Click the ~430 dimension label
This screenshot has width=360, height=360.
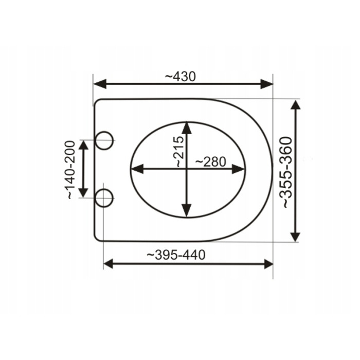[x=181, y=77]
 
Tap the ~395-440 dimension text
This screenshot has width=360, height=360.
[x=176, y=255]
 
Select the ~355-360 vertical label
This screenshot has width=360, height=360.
[x=286, y=173]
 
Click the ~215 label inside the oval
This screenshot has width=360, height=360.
[x=179, y=152]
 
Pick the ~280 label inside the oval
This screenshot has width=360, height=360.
[x=211, y=162]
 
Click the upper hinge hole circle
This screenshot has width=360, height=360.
[x=104, y=140]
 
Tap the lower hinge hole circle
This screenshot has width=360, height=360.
[x=104, y=198]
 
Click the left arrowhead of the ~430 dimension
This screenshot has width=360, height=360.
[x=100, y=84]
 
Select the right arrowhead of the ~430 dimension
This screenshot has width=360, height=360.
[x=267, y=84]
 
